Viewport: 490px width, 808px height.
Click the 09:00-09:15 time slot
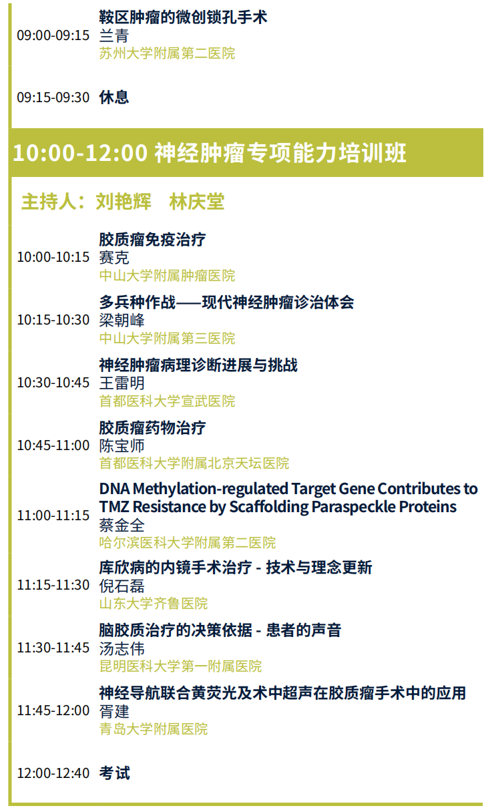(x=53, y=35)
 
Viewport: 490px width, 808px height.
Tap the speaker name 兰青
(x=114, y=35)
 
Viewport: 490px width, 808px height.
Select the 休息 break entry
(x=114, y=97)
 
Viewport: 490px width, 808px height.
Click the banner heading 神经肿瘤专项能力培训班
(x=280, y=152)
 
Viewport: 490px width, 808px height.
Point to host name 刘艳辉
(x=124, y=201)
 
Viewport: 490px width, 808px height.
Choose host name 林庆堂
(x=197, y=201)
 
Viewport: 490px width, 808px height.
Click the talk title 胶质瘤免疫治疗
(x=152, y=240)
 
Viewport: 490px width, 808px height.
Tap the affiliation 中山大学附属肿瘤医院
(x=168, y=276)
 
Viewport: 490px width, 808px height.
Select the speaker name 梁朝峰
(x=122, y=320)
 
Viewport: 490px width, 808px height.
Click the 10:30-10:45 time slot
(x=53, y=383)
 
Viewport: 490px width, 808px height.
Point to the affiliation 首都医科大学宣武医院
(x=168, y=401)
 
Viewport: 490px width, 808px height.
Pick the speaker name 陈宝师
(x=122, y=445)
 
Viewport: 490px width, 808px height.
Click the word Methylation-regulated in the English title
(x=210, y=489)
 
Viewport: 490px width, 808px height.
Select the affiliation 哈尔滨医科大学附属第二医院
(x=188, y=542)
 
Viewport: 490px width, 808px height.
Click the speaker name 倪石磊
(x=122, y=586)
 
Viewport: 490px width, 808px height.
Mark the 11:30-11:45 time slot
(x=53, y=648)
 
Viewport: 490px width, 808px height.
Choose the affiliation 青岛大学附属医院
(x=154, y=729)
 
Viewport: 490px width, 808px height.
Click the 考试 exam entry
(x=115, y=773)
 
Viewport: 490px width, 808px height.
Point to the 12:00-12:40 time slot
(x=53, y=773)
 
